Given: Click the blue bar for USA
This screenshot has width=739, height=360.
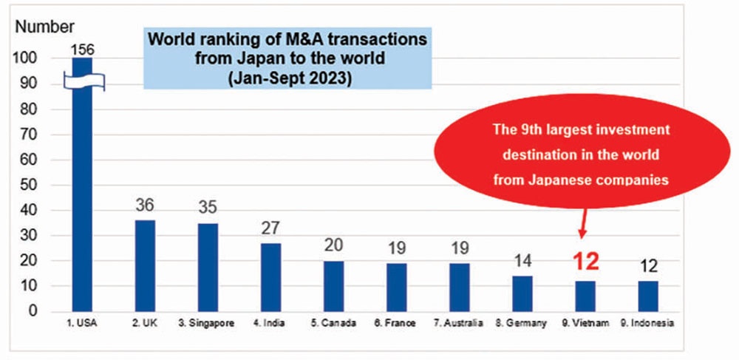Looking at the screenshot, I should [82, 200].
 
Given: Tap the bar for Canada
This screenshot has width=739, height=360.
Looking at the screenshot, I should [333, 286].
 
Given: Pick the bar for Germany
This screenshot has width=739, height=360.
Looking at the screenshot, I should [522, 293].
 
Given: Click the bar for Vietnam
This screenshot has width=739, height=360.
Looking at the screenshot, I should [585, 296].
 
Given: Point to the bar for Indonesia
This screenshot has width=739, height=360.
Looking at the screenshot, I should [647, 296].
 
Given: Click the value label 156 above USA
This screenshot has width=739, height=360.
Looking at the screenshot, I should [83, 49].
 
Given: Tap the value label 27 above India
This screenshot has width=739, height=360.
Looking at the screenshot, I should [271, 226].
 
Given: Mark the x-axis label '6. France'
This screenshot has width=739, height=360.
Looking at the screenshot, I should [395, 323].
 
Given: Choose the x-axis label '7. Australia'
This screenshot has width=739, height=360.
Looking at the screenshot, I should [458, 323].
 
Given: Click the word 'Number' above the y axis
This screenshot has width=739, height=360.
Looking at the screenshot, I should [41, 27].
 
